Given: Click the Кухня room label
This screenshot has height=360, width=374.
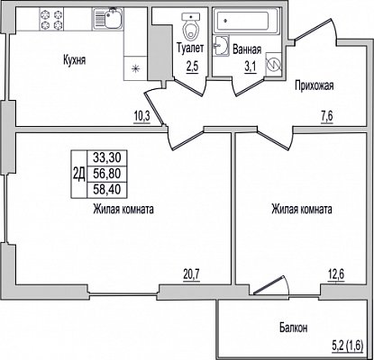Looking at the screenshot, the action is click(74, 60).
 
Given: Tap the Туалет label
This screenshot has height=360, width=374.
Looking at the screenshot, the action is click(190, 48).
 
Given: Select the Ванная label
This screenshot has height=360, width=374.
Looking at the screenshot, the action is click(247, 49).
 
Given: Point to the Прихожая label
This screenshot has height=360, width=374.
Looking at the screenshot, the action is click(314, 86).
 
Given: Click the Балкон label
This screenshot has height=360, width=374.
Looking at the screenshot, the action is click(293, 328).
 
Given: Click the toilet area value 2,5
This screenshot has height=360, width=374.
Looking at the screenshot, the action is click(192, 67).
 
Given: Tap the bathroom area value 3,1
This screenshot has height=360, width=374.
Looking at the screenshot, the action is click(250, 67).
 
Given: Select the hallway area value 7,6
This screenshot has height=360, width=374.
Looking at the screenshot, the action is click(327, 117).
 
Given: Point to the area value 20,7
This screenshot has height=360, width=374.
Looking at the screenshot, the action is click(191, 274).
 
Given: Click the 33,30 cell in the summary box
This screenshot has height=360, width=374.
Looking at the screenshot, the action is click(106, 157).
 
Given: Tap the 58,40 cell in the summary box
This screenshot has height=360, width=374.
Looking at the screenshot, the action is click(106, 189).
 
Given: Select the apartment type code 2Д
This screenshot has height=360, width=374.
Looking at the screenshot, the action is click(79, 173).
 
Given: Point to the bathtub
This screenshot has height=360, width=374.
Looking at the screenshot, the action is click(246, 20).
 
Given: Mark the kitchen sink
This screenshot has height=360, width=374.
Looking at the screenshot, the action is click(108, 18).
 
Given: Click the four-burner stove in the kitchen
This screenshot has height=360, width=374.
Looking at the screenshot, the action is click(51, 19).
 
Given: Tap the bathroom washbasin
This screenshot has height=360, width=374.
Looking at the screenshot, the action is click(221, 46).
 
